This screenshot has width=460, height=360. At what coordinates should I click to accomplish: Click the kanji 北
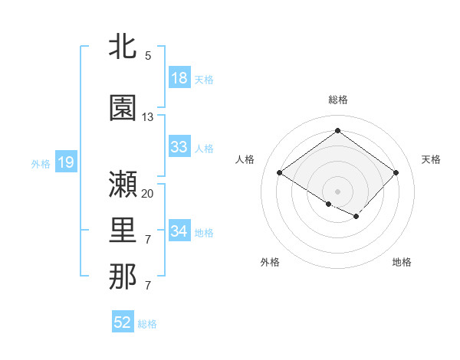click(123, 47)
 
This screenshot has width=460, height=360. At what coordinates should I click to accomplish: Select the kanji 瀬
click(123, 185)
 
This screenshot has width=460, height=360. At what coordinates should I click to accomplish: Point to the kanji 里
click(123, 227)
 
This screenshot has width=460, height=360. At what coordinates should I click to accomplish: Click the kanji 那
click(123, 277)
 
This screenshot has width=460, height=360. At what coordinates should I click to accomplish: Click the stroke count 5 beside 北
click(148, 56)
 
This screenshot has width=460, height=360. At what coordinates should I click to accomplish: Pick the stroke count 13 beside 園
click(148, 117)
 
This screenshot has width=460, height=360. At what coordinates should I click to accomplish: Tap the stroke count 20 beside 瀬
click(148, 194)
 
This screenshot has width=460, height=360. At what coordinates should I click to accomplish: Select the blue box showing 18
click(179, 78)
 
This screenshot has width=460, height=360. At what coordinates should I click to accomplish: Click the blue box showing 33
click(179, 147)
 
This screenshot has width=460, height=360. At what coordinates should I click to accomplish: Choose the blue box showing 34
click(179, 231)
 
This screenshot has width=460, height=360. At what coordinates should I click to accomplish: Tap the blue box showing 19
click(65, 162)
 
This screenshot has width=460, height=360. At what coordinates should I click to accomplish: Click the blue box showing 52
click(123, 322)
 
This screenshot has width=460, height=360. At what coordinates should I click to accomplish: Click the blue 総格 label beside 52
click(147, 324)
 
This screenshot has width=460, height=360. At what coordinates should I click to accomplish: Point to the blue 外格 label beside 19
click(41, 163)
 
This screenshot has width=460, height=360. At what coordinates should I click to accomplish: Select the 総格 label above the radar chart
click(337, 100)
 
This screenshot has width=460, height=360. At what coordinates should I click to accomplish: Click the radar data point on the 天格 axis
click(396, 173)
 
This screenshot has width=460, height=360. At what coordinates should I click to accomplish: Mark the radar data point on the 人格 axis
click(280, 173)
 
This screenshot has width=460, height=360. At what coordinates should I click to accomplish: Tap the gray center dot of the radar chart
click(337, 190)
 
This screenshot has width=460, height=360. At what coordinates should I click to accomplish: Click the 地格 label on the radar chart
click(402, 262)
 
